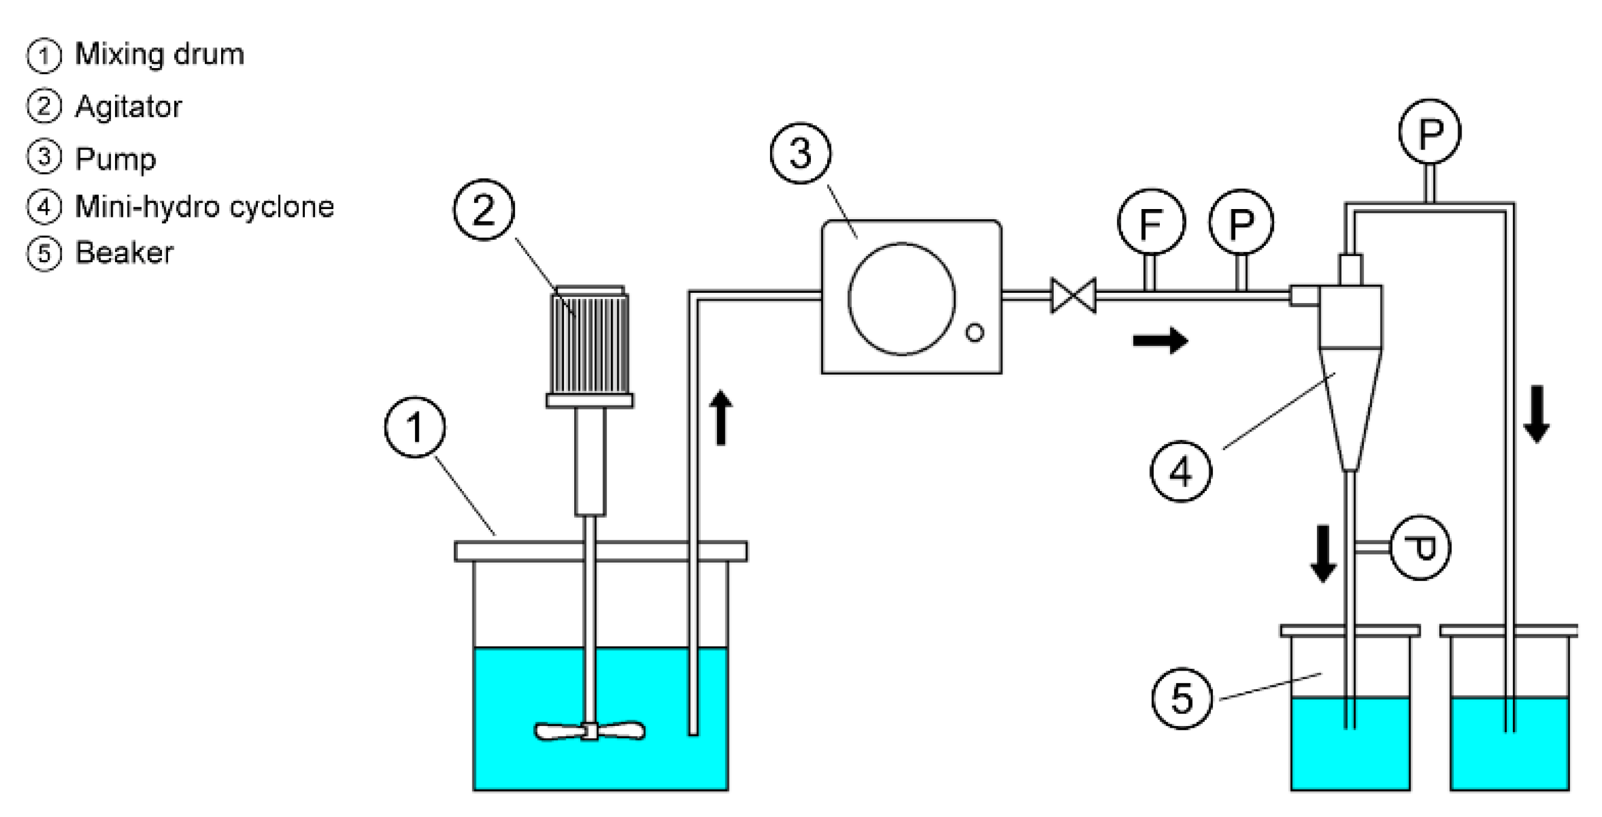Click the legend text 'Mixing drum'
click(x=159, y=54)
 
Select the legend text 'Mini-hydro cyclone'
click(x=204, y=207)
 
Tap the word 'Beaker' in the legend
click(x=124, y=253)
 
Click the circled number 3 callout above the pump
click(x=800, y=153)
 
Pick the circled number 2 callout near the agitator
click(x=484, y=210)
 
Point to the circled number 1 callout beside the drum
click(x=415, y=428)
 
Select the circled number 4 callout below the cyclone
click(x=1180, y=471)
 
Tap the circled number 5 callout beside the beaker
click(x=1181, y=698)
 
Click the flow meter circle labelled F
click(x=1151, y=222)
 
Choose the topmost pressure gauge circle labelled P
click(x=1430, y=132)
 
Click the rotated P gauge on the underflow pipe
click(x=1420, y=548)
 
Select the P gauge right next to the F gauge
click(x=1241, y=222)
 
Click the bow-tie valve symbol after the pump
click(x=1074, y=295)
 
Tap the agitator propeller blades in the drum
click(x=590, y=731)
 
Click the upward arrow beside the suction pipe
click(x=721, y=417)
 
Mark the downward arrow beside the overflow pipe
click(x=1537, y=414)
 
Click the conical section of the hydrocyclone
click(x=1350, y=404)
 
